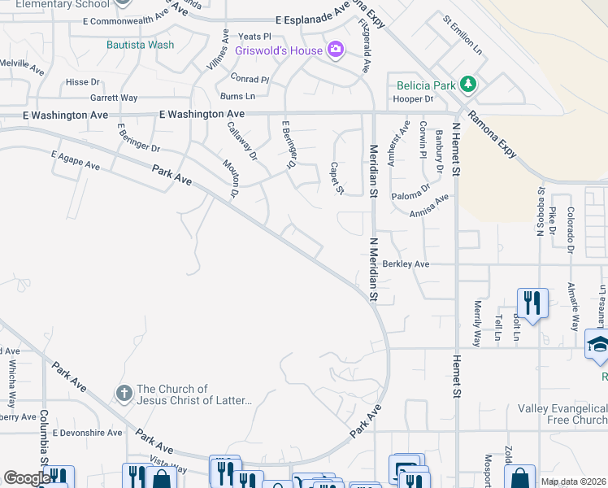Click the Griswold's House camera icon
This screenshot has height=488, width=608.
(335, 50)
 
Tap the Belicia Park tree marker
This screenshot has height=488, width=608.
(467, 84)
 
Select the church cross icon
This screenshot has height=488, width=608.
(124, 394)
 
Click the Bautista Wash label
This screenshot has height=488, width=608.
(140, 45)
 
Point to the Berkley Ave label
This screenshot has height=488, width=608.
(406, 264)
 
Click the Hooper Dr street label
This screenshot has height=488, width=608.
(413, 99)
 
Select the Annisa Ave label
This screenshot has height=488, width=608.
(429, 204)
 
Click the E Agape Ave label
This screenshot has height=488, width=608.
(75, 159)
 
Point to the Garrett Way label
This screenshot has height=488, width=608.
(115, 98)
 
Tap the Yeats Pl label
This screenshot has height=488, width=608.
(254, 37)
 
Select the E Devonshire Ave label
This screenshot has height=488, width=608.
(87, 433)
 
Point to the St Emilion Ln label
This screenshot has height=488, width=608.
(462, 34)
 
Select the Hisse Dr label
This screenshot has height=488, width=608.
(82, 82)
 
